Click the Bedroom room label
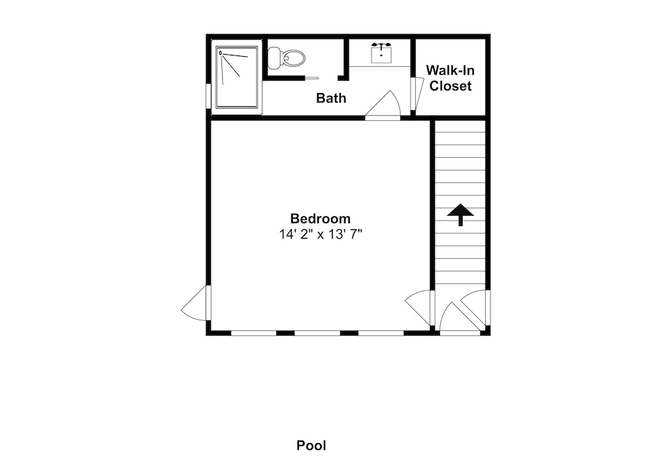click(x=321, y=219)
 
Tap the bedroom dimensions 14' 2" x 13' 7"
click(x=321, y=234)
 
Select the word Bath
click(x=331, y=98)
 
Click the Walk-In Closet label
click(x=450, y=78)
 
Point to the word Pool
click(x=311, y=445)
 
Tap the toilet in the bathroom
click(x=286, y=57)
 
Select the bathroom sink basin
click(x=381, y=55)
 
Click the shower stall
click(x=237, y=77)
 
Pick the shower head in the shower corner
click(x=221, y=53)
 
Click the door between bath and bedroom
click(x=382, y=106)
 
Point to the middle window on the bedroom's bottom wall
click(x=317, y=333)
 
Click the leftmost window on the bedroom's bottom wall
click(x=254, y=333)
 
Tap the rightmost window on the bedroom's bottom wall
click(x=381, y=333)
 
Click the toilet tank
click(x=274, y=58)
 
